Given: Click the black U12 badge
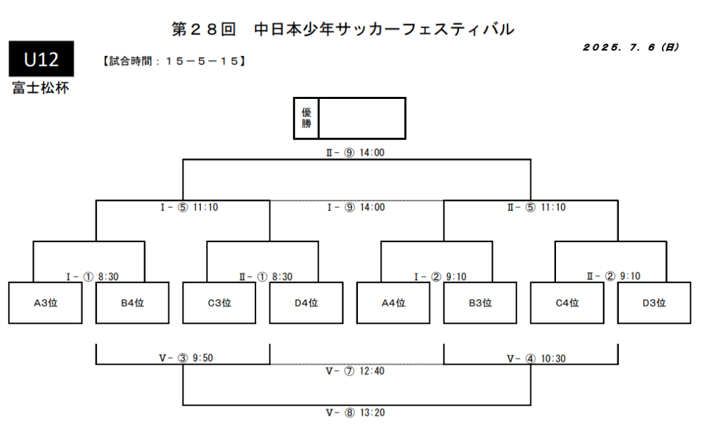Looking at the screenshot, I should (41, 60).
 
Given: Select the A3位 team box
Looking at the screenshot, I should (46, 302).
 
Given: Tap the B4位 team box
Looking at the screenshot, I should (132, 302).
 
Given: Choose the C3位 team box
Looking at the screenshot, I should (219, 302).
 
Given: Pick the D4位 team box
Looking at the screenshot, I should (306, 302).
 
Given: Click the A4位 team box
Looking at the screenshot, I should (393, 302).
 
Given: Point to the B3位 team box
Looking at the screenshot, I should (480, 302).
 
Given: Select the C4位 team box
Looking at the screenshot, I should (567, 302).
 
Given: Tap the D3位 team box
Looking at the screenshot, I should (654, 302).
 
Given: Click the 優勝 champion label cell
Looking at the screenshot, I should (306, 118).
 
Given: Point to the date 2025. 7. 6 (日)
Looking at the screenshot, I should (631, 48).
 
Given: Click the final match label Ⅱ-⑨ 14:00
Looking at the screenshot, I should (355, 153).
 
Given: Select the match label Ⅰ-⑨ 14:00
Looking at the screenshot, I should (355, 207).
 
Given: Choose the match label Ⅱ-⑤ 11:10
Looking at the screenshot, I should (536, 207).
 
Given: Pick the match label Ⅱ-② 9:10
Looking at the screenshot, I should (613, 276).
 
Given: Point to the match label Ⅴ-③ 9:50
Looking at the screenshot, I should (183, 358).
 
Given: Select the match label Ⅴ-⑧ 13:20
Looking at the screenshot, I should (355, 412).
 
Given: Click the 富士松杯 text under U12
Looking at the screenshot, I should (40, 89).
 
